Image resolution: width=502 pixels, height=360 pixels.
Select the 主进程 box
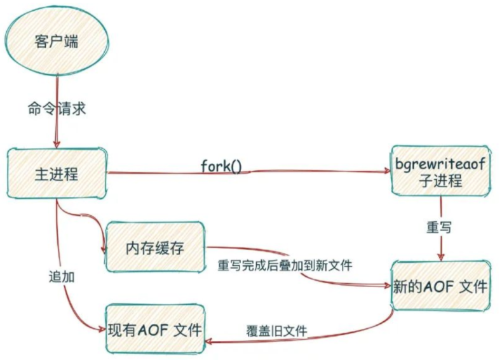[57, 173]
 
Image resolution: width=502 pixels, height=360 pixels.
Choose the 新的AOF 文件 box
[440, 288]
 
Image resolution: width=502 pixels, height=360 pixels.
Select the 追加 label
[62, 277]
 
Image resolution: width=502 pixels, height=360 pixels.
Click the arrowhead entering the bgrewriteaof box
[388, 171]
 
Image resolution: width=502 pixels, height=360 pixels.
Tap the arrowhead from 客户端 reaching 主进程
[57, 146]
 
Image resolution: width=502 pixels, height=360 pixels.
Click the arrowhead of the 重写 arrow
[440, 257]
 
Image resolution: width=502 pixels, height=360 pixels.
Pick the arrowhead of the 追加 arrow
[102, 330]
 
